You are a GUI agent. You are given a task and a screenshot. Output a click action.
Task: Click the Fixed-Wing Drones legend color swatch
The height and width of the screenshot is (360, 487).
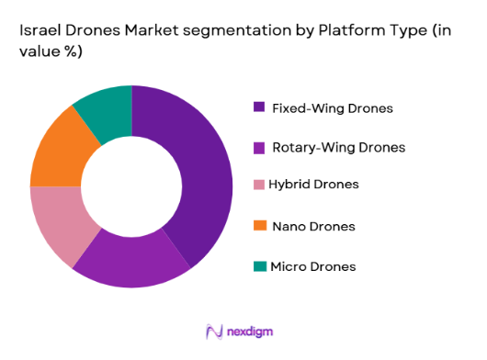(261, 107)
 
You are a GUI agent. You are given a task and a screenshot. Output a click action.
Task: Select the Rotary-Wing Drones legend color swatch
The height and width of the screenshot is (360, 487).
(261, 147)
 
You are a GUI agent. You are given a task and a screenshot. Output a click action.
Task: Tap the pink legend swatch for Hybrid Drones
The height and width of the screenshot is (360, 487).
(261, 186)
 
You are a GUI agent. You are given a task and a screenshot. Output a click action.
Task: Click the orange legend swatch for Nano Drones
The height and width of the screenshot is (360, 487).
(261, 226)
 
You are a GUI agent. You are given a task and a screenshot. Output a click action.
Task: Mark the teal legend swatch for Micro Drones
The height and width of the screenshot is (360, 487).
(261, 266)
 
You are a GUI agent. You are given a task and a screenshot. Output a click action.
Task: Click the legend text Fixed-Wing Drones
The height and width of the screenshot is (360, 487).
(333, 108)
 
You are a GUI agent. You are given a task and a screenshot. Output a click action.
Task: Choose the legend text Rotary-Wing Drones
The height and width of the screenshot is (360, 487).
(338, 147)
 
